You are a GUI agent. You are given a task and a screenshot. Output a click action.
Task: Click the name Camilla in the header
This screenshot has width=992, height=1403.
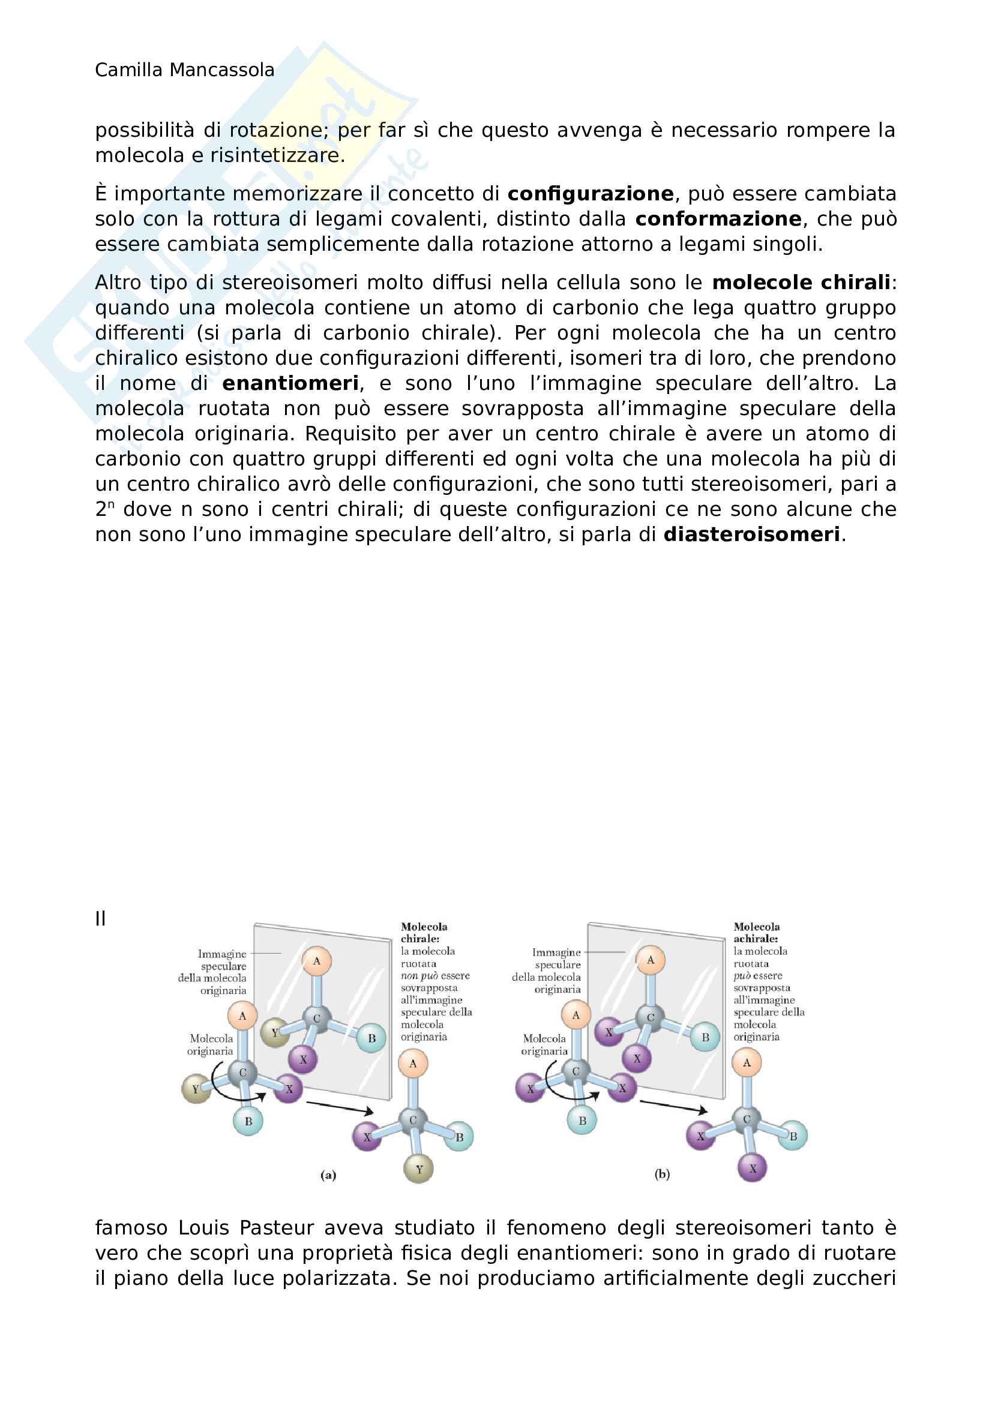click(x=129, y=70)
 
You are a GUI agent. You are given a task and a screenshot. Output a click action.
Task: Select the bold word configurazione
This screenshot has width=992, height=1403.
click(x=590, y=194)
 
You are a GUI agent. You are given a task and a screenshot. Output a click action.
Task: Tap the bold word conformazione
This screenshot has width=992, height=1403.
click(x=718, y=220)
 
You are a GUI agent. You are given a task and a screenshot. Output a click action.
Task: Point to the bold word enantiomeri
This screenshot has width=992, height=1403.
click(x=290, y=384)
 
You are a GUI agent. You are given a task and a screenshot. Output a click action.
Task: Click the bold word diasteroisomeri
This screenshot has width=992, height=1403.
click(x=751, y=534)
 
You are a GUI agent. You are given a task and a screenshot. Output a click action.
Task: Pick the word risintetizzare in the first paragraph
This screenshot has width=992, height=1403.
click(x=277, y=156)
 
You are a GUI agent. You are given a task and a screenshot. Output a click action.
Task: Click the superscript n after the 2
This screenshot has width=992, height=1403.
click(x=111, y=504)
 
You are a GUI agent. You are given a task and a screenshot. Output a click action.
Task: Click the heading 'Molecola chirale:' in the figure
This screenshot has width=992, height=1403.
click(x=424, y=933)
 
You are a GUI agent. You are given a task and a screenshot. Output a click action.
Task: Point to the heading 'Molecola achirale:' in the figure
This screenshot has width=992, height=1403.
click(x=756, y=933)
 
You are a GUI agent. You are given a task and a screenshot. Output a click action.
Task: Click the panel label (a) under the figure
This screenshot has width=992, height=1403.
click(x=328, y=1175)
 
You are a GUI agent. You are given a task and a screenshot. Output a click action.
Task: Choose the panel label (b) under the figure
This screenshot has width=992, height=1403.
click(x=662, y=1174)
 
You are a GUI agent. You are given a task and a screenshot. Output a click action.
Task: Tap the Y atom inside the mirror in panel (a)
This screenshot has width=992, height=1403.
click(x=275, y=1033)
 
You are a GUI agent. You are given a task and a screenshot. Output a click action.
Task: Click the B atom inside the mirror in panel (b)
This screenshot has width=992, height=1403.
click(x=705, y=1037)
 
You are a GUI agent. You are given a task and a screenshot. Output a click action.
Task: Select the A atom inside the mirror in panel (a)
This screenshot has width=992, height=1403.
click(x=317, y=960)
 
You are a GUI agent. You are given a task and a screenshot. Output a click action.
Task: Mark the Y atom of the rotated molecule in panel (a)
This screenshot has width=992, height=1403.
click(x=419, y=1170)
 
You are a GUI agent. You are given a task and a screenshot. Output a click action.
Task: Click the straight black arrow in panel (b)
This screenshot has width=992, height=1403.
click(x=673, y=1106)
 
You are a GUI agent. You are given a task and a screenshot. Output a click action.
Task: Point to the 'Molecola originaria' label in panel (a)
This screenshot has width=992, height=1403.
click(x=211, y=1044)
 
